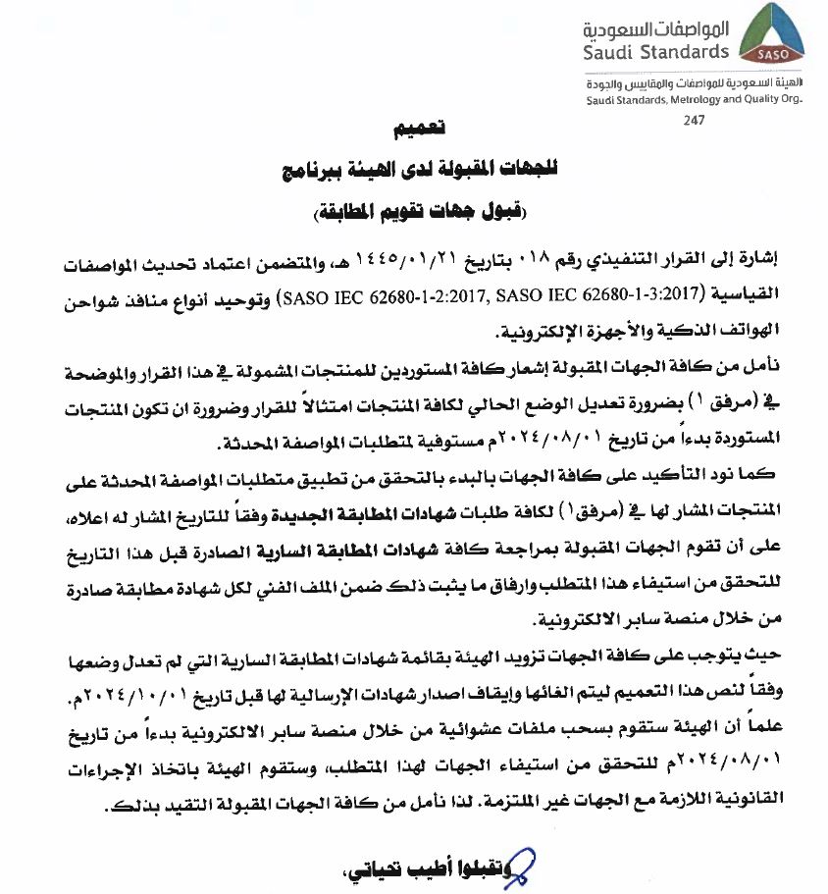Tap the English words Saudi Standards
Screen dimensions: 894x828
pos(657,51)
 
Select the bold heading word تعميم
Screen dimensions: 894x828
pos(414,130)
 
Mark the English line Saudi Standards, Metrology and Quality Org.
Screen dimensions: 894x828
pos(694,100)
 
